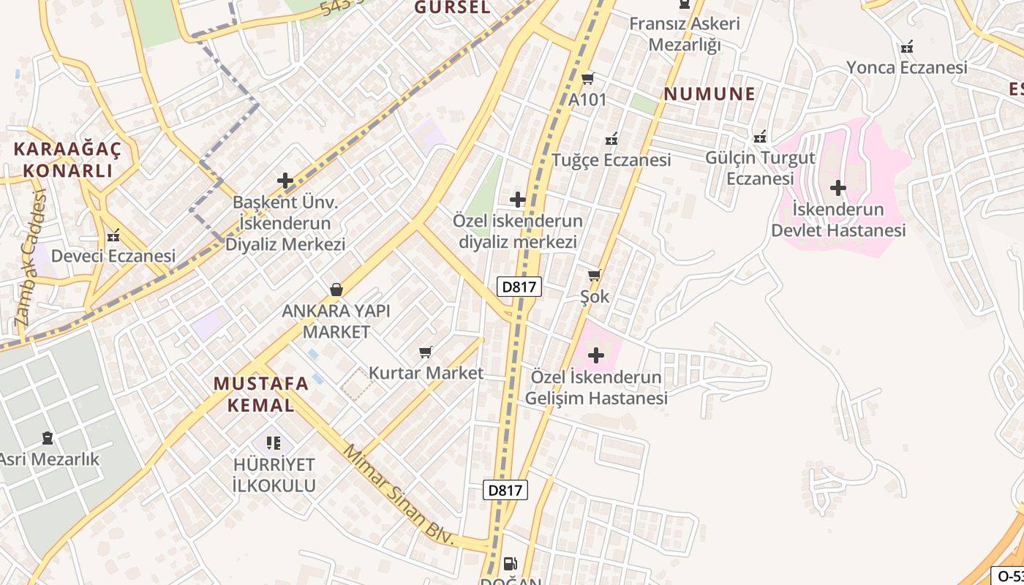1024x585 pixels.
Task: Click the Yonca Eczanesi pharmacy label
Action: pos(907,67)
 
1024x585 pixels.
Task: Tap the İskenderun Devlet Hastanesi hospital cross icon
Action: pos(838,189)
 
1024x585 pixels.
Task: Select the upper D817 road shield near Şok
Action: pos(519,287)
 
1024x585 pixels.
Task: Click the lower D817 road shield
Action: pos(505,489)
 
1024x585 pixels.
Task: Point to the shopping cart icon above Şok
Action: pos(594,276)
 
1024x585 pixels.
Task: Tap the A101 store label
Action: pos(588,99)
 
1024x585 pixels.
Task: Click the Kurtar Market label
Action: pos(426,373)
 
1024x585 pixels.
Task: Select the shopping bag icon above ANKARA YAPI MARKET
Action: pos(336,290)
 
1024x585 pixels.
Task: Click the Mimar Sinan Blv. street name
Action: pos(399,496)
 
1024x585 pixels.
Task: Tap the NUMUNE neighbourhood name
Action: pos(709,94)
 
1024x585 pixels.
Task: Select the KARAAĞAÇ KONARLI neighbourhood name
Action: pos(67,160)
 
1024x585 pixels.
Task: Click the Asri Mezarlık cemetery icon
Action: pos(48,438)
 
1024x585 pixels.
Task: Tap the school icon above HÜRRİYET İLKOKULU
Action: pos(274,442)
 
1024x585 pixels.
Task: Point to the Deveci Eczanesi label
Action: pos(113,256)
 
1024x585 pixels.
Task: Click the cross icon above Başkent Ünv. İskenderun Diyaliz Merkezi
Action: pos(285,181)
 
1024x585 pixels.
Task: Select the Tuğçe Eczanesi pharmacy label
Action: pos(611,159)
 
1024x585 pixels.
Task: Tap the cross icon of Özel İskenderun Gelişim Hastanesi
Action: pos(596,356)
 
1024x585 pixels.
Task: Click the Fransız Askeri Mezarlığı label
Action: pos(685,34)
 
